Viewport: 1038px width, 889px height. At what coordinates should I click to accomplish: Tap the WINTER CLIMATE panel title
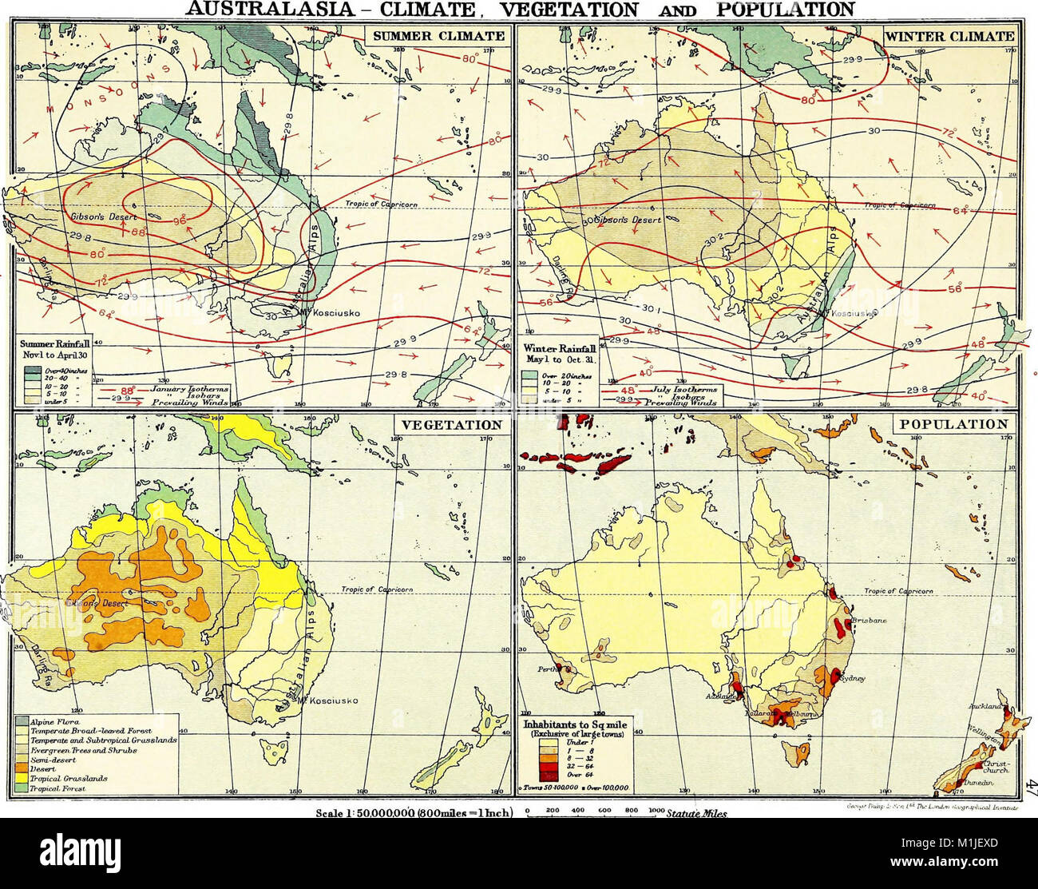pyautogui.click(x=949, y=36)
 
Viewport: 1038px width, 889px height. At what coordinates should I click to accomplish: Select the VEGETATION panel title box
pyautogui.click(x=450, y=425)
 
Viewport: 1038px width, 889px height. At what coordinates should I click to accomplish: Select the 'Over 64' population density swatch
pyautogui.click(x=546, y=776)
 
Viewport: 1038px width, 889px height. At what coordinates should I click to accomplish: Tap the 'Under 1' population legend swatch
pyautogui.click(x=546, y=741)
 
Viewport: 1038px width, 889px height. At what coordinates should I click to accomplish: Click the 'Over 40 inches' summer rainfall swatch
pyautogui.click(x=31, y=370)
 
